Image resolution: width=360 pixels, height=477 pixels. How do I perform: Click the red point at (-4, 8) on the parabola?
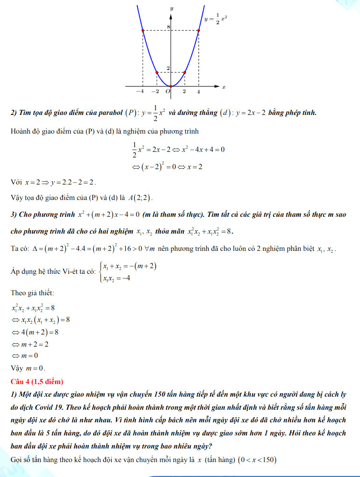click(143, 31)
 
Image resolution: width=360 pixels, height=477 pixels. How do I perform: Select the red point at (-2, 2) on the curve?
click(157, 72)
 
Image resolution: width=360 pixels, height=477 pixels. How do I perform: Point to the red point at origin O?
click(171, 86)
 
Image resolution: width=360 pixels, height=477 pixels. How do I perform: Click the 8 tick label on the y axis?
click(168, 28)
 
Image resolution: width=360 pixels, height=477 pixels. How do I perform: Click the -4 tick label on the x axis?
click(140, 92)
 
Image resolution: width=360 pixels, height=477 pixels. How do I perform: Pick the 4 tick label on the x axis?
click(198, 92)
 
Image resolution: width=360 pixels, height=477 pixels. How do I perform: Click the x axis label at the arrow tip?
click(224, 87)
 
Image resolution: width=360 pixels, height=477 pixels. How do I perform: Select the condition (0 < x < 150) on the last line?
click(257, 460)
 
